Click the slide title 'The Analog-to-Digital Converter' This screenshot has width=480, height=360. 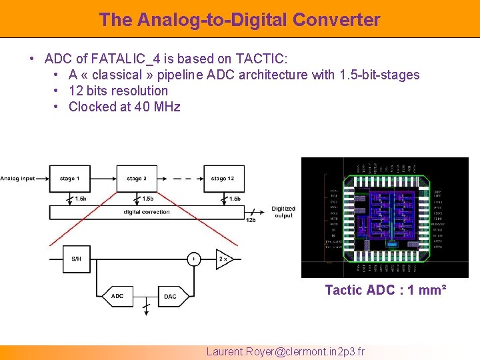click(239, 19)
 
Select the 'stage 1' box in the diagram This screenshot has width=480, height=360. click(69, 179)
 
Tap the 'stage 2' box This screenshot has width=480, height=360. click(137, 179)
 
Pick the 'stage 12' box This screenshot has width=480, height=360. click(223, 179)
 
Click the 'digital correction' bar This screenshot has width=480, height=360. click(147, 213)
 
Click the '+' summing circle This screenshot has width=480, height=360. click(193, 259)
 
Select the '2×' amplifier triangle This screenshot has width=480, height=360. click(223, 259)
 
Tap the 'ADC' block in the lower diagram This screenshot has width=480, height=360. click(118, 296)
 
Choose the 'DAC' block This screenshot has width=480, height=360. click(170, 296)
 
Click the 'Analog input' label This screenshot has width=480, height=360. click(18, 179)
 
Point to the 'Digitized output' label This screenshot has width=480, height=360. click(283, 212)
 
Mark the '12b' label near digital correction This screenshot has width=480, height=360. click(251, 221)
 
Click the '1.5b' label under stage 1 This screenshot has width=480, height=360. click(81, 199)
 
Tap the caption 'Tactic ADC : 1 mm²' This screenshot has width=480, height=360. click(385, 290)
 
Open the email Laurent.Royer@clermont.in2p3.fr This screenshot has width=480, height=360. click(285, 351)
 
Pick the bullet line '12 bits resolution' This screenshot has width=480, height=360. click(118, 91)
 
